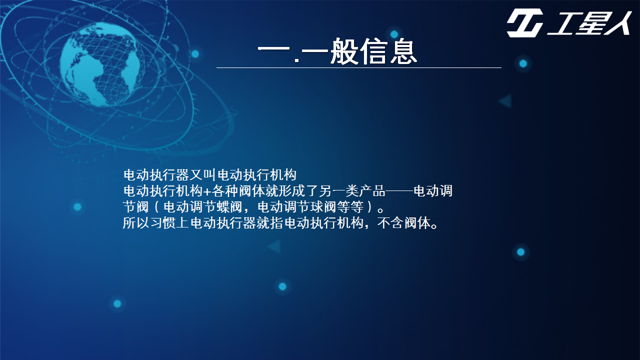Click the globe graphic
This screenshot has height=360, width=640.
click(100, 64)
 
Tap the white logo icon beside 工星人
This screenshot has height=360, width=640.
click(525, 23)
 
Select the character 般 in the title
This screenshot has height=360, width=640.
click(344, 51)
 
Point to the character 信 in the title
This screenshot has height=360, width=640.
click(373, 51)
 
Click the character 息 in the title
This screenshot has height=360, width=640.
click(403, 51)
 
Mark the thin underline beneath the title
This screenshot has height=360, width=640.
click(359, 67)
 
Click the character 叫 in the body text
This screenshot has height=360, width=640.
click(209, 175)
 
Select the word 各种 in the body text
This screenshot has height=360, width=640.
click(224, 191)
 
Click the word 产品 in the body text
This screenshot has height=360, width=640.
click(372, 191)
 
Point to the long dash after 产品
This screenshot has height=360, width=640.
click(399, 191)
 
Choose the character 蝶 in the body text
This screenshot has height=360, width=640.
click(223, 207)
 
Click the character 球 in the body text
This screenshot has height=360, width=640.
click(317, 207)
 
